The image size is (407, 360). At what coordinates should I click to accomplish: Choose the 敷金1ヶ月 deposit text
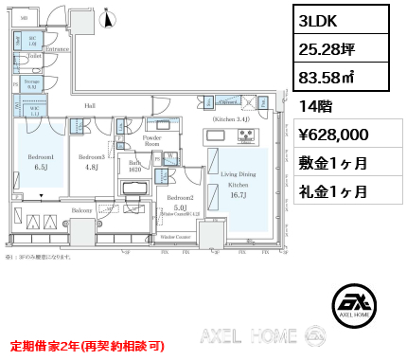[x=332, y=163]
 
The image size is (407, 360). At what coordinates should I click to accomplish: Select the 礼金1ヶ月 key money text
[x=332, y=190]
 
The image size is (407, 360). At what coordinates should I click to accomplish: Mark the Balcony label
[x=82, y=210]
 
